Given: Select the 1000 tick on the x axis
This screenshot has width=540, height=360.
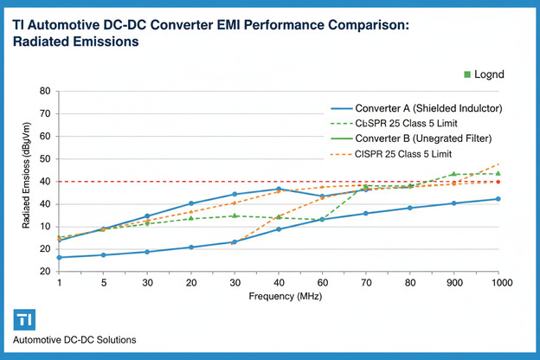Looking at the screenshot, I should (x=498, y=283).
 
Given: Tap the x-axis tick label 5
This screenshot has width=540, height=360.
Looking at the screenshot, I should (x=103, y=283).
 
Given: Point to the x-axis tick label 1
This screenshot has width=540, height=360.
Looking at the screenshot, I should (x=59, y=283).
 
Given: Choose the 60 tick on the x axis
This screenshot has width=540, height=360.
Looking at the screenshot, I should (x=322, y=283).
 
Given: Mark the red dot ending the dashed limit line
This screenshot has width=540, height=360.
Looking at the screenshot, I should (x=498, y=182).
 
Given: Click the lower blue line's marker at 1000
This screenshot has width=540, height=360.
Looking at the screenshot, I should (x=498, y=199).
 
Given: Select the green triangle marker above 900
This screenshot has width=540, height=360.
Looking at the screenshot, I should (x=453, y=174).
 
